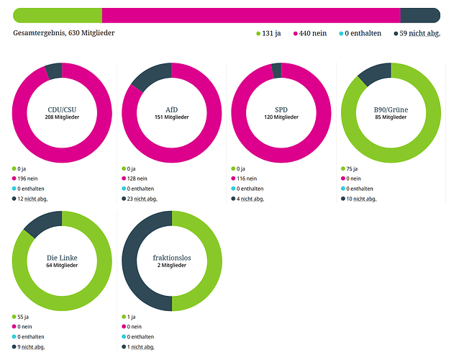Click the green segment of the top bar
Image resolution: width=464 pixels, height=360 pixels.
pyautogui.click(x=58, y=15)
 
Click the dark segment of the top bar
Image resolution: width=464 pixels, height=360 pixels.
pyautogui.click(x=419, y=15)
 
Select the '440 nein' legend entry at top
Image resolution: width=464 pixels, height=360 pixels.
pyautogui.click(x=311, y=33)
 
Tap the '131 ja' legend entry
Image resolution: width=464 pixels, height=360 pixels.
pyautogui.click(x=268, y=33)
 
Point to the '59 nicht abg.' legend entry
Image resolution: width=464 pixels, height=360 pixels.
pyautogui.click(x=417, y=33)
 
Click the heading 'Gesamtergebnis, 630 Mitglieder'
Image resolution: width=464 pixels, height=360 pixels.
pyautogui.click(x=63, y=33)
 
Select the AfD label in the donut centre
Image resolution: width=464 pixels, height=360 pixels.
pyautogui.click(x=172, y=109)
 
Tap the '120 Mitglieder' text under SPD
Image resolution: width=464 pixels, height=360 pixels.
pyautogui.click(x=281, y=117)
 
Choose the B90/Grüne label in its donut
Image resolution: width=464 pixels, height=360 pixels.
pyautogui.click(x=391, y=109)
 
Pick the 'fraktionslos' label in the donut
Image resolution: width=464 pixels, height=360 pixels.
pyautogui.click(x=172, y=257)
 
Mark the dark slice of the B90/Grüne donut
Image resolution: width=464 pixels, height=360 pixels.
pyautogui.click(x=373, y=71)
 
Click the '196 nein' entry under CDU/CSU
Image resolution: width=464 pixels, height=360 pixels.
pyautogui.click(x=29, y=179)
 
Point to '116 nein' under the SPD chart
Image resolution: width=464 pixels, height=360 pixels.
pyautogui.click(x=248, y=179)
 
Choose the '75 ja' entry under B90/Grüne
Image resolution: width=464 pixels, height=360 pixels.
pyautogui.click(x=353, y=168)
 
